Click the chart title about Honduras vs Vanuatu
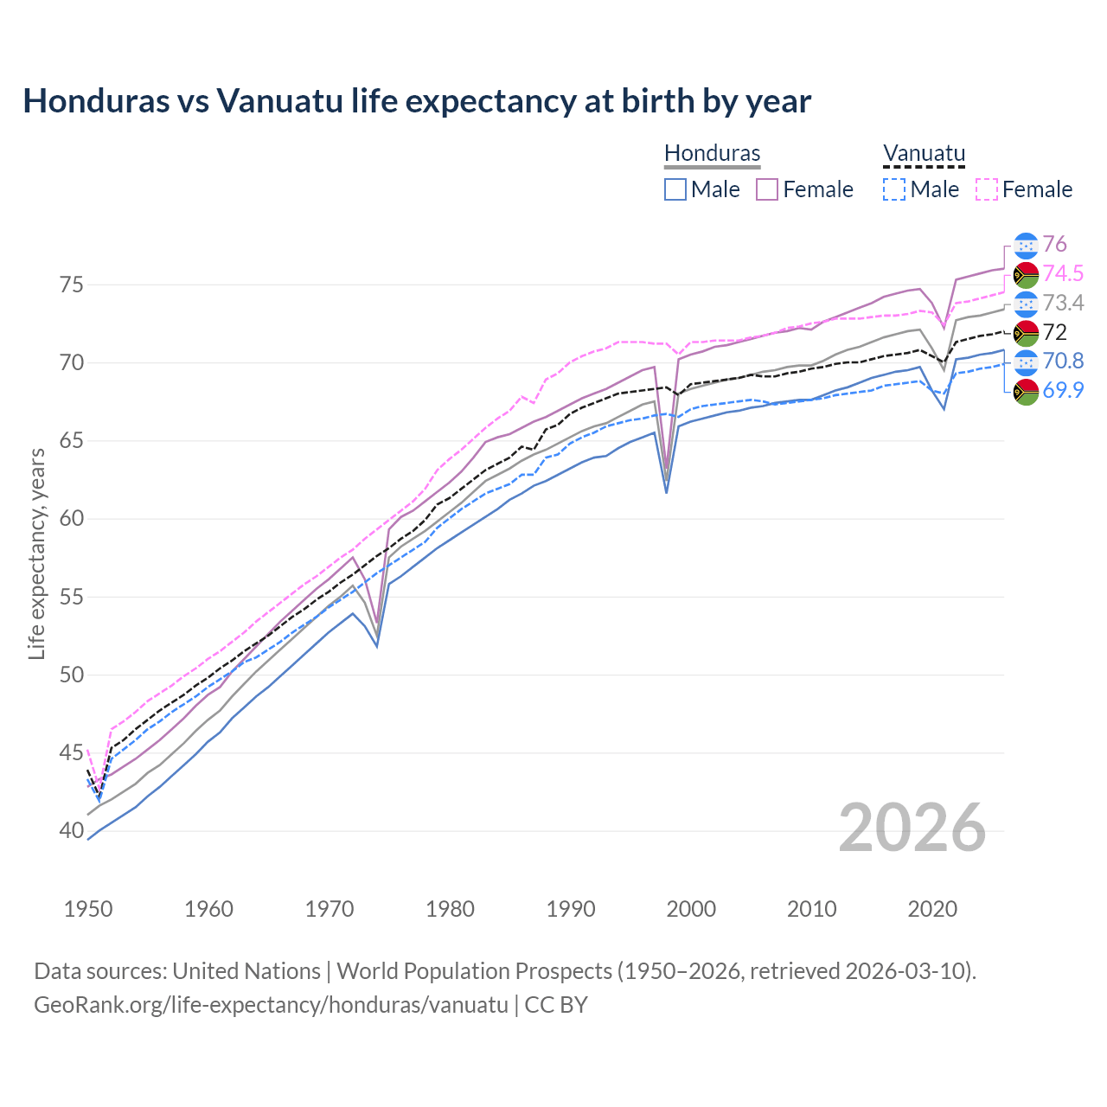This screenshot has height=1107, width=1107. (417, 101)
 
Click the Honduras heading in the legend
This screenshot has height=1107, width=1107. (712, 154)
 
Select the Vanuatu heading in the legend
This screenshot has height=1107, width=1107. (924, 154)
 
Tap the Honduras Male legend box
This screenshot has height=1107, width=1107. (675, 189)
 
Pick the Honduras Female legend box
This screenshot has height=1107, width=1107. (767, 189)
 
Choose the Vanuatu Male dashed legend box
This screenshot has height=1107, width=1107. (894, 189)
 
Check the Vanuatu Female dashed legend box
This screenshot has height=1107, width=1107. (987, 189)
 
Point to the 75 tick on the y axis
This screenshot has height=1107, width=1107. (71, 285)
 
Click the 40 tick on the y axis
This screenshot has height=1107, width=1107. (71, 831)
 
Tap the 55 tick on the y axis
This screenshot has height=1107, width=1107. (71, 597)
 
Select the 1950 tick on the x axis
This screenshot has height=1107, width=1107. (88, 909)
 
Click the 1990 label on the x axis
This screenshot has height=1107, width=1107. (571, 909)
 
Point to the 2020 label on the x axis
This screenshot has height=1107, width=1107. (931, 909)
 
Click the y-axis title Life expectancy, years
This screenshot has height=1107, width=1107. (36, 553)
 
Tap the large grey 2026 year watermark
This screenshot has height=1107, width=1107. (912, 828)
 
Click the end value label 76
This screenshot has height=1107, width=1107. (1054, 244)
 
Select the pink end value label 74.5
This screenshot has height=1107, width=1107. (1063, 273)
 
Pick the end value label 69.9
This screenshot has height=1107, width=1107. (1063, 390)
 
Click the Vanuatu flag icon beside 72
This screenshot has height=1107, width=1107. (1026, 332)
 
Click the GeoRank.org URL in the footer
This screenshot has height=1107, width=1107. (271, 1005)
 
